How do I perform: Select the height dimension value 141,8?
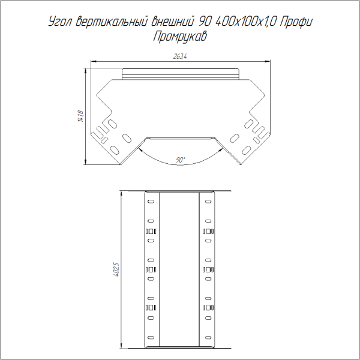click(x=80, y=116)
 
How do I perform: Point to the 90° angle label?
click(x=181, y=160)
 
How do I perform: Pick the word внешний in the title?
click(x=174, y=22)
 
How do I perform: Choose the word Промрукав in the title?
click(x=180, y=36)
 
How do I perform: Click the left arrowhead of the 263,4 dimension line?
click(x=93, y=61)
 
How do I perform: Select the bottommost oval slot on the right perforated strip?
click(x=209, y=337)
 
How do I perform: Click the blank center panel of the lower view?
click(x=179, y=270)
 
